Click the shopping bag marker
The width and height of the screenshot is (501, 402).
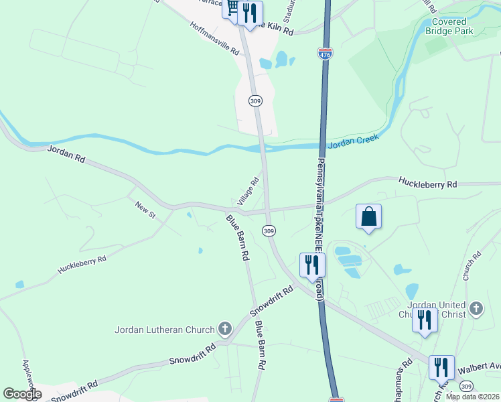coord(368,216)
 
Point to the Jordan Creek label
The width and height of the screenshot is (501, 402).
coord(354,141)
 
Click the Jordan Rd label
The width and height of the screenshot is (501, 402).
coord(66,154)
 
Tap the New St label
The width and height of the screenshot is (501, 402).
coord(145,210)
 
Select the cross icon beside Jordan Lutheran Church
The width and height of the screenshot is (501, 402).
coord(225,329)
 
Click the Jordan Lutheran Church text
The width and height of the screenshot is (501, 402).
coord(164,329)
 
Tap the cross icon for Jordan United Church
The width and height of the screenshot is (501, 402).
coord(476,309)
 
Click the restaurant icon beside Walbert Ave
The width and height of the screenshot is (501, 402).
coord(441,367)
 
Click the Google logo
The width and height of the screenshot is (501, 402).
coord(22,394)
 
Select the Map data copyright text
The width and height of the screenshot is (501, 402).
coord(473,397)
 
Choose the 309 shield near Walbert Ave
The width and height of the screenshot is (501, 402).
coord(467,386)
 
